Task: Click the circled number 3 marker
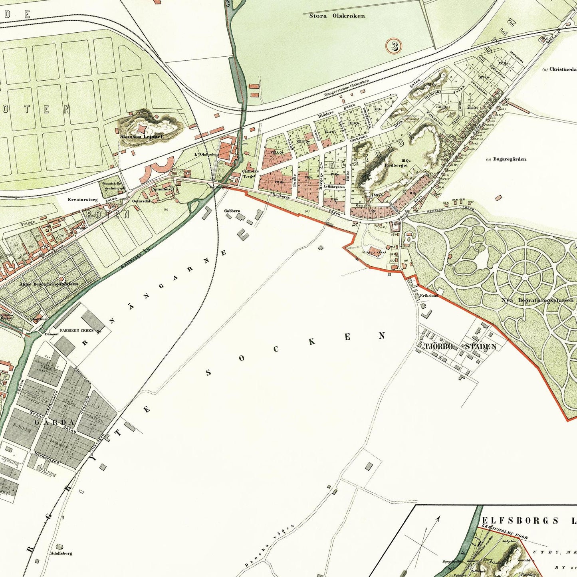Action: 394,46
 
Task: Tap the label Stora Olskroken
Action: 337,16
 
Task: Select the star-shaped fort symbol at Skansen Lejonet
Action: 143,128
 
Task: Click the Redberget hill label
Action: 396,165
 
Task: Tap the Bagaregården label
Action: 509,159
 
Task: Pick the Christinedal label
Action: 562,69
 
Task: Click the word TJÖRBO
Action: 438,346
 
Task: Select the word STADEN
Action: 480,346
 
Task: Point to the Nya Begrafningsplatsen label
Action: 537,300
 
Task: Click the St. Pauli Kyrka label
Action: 374,252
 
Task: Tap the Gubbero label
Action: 232,210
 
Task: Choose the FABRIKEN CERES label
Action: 76,331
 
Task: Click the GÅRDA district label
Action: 54,422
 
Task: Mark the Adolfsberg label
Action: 61,553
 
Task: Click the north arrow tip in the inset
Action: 439,518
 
